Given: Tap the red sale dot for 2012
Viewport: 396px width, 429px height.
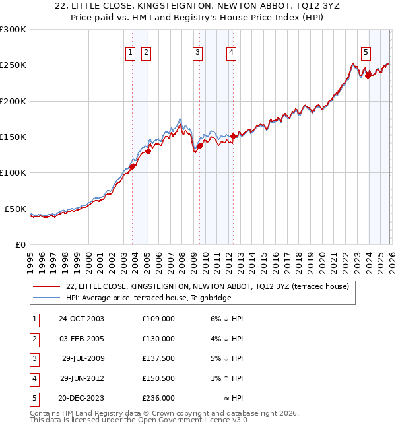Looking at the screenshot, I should coord(233,136).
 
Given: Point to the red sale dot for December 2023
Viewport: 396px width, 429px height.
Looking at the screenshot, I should coord(368,75).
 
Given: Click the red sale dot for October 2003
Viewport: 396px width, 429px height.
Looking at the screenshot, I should coord(132,166).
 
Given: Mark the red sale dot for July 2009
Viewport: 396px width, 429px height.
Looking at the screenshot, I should coord(199,146).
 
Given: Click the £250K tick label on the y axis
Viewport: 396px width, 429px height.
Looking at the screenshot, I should coord(13,65).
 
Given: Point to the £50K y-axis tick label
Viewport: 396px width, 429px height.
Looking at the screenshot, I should coord(15,209).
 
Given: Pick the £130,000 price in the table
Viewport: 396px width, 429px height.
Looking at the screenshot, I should coord(158,339).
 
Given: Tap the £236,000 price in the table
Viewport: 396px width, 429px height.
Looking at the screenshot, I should coord(158,398).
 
